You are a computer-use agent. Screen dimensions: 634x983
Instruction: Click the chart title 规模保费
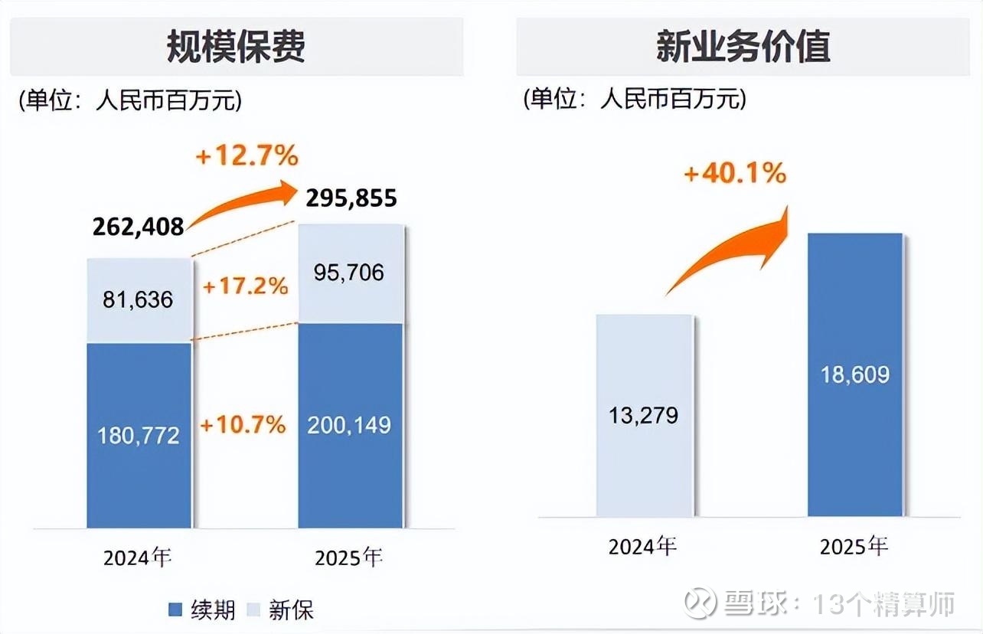pos(236,47)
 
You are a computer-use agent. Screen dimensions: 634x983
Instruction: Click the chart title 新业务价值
pos(743,47)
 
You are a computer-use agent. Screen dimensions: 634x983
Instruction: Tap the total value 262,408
pos(138,227)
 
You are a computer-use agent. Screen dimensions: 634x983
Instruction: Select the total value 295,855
pos(351,199)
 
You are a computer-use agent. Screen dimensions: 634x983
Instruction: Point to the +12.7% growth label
pos(247,157)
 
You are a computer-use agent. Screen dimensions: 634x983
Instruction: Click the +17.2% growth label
pos(244,286)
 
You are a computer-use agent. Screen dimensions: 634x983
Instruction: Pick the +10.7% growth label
pos(243,424)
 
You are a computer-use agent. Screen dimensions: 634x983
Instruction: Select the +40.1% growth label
pos(735,174)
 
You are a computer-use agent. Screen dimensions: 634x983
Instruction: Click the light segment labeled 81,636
pos(138,299)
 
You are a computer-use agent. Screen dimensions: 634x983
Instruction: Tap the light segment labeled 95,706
pos(349,273)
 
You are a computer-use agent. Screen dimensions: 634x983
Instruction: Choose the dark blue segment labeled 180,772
pos(138,435)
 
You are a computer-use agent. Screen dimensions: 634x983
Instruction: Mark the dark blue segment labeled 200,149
pos(349,425)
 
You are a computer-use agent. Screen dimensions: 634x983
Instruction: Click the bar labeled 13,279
pos(644,416)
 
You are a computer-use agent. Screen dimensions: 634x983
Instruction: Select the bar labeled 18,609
pos(854,375)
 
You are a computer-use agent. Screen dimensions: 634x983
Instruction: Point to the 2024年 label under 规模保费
pos(138,557)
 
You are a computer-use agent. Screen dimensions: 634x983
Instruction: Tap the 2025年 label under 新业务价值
pos(854,547)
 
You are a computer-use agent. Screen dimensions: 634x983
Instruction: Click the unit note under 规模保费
pos(130,100)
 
